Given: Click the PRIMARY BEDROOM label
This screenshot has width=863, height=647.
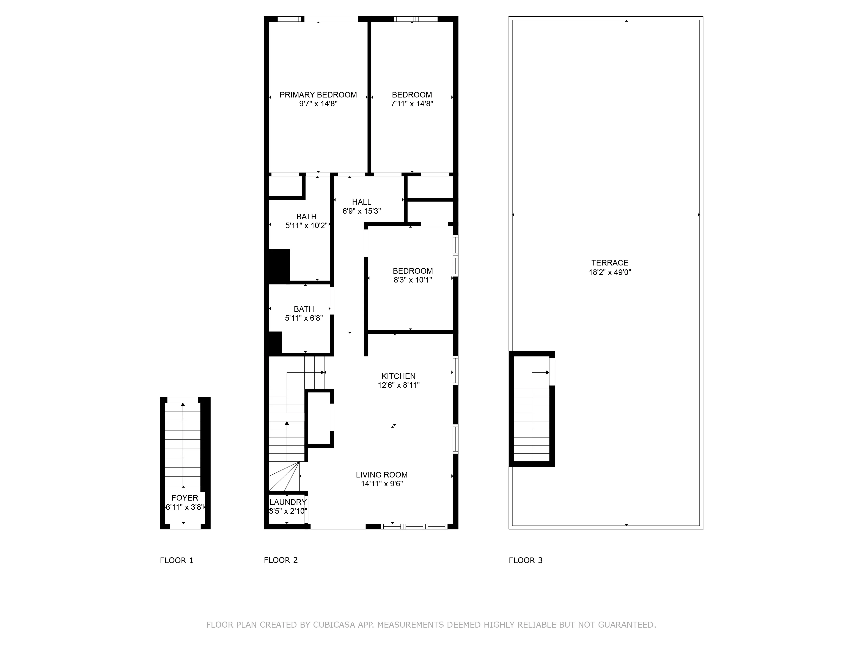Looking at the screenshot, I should pyautogui.click(x=318, y=95).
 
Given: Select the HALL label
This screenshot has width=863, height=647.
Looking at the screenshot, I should pyautogui.click(x=361, y=202).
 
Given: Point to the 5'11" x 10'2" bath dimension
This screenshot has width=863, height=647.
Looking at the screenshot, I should pyautogui.click(x=306, y=225).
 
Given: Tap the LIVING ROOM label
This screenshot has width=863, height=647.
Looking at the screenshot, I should pyautogui.click(x=382, y=475).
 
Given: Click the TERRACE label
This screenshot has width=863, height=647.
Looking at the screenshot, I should pyautogui.click(x=609, y=263).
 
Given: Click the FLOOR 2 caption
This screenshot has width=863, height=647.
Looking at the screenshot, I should pyautogui.click(x=280, y=560).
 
